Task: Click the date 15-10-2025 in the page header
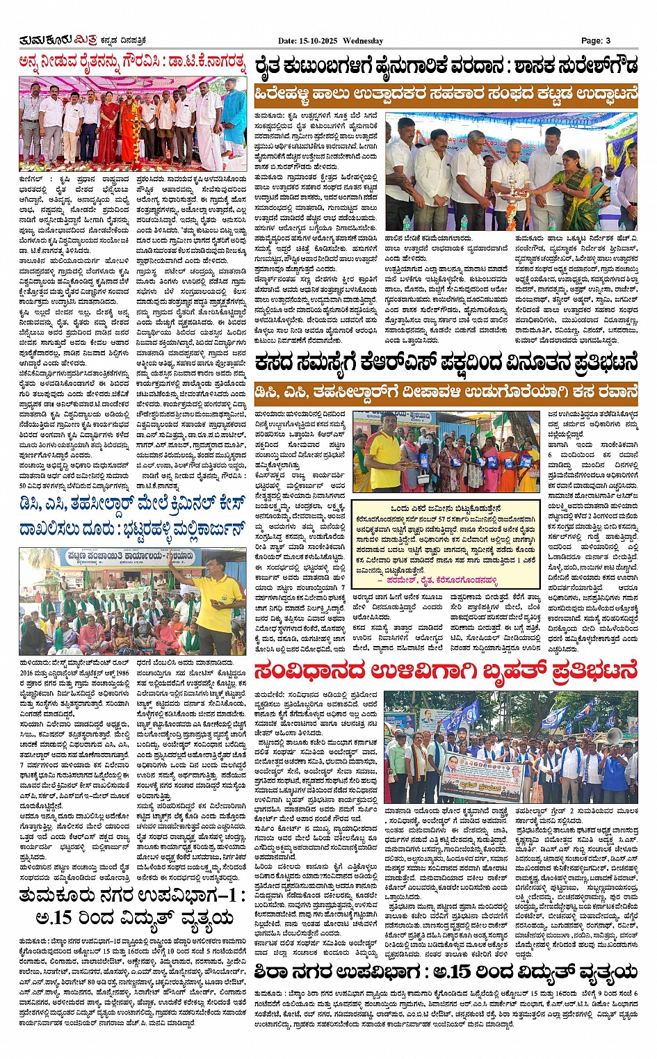tap(318, 41)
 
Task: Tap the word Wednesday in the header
tap(363, 41)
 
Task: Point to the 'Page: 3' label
tap(596, 41)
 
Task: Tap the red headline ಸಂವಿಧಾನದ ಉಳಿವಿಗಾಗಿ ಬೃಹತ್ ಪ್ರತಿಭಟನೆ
tap(445, 672)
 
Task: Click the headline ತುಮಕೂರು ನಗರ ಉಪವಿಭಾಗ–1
tap(132, 895)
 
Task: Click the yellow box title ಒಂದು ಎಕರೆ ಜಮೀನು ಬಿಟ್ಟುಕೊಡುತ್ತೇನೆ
tap(445, 508)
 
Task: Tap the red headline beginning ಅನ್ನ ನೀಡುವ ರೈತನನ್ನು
tap(132, 64)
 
